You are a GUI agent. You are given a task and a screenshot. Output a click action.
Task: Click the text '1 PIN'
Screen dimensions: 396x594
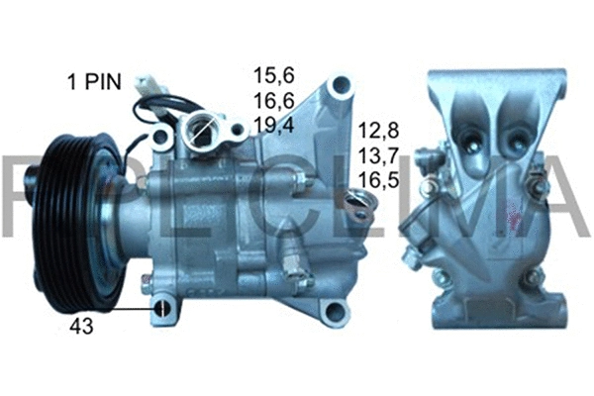point(94,81)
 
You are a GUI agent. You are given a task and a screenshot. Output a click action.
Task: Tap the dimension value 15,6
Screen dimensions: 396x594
point(274,74)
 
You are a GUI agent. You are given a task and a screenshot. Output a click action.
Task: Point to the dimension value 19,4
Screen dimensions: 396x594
point(274,124)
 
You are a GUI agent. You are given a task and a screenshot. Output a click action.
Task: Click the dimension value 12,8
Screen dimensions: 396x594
point(379,132)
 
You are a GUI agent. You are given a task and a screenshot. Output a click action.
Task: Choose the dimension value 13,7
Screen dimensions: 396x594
point(379,156)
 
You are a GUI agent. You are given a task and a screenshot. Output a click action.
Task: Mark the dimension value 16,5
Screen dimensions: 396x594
point(379,181)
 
